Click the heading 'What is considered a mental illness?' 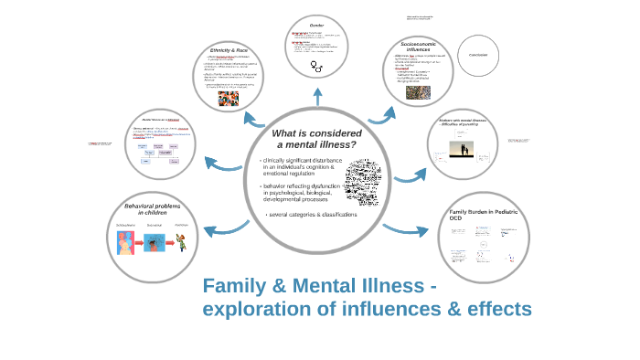point(315,140)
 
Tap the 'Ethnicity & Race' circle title point(229,49)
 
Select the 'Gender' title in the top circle point(317,25)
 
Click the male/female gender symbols point(317,67)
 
